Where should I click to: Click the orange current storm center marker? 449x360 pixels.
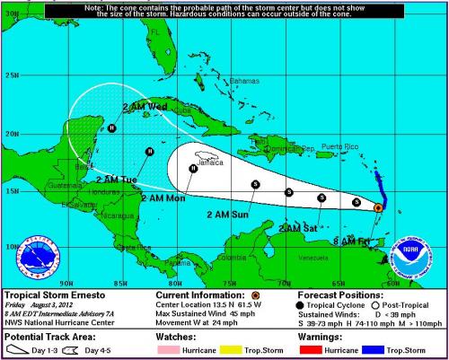click(x=378, y=207)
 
